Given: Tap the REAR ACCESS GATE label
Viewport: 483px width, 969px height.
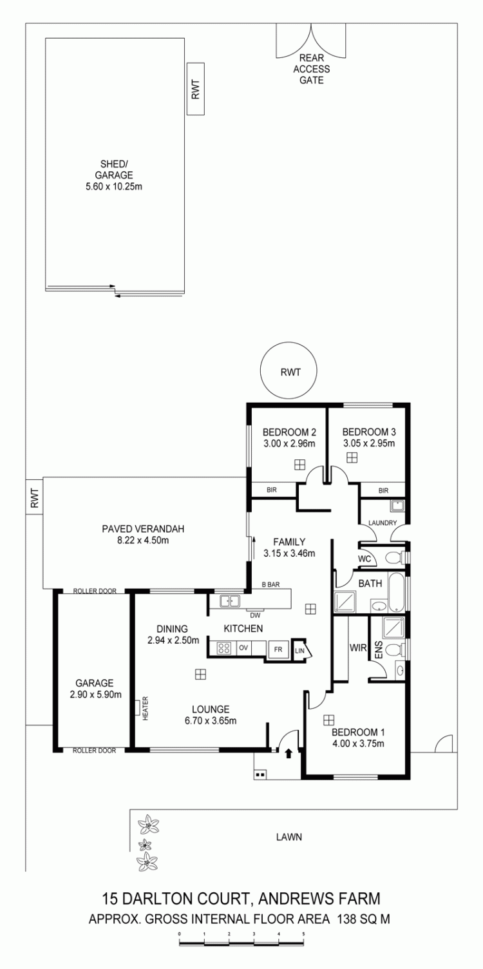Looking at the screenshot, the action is point(311,69).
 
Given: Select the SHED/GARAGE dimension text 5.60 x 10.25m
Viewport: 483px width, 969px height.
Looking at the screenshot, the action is point(114,187).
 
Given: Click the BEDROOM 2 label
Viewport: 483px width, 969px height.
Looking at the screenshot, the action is point(289,432).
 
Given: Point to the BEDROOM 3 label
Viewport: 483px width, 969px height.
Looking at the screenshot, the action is point(369,432).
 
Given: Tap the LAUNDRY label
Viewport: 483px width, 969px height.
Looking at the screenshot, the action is point(383,523).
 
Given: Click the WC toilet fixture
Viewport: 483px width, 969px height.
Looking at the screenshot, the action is point(393,557).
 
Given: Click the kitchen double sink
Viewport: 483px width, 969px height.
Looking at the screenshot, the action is point(230,601).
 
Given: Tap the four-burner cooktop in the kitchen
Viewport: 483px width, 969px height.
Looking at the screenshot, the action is point(224,648).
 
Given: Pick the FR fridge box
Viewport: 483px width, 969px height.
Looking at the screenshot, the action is point(278,649).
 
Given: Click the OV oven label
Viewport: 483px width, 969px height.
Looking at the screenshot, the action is point(243,648).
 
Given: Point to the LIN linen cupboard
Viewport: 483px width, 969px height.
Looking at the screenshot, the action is point(299,649).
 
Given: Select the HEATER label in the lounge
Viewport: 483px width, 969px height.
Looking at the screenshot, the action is point(146,707).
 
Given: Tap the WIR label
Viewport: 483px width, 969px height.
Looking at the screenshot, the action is point(358,648).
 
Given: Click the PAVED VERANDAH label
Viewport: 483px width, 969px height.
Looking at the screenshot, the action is point(143,528).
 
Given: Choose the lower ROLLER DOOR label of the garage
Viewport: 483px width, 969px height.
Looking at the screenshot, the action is point(94,751).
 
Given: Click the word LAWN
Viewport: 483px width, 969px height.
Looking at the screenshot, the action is point(289,837).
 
